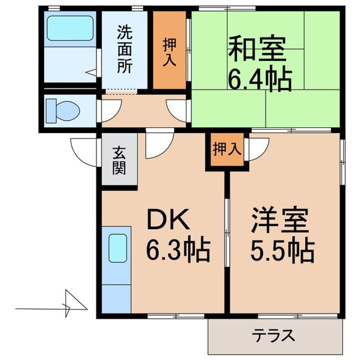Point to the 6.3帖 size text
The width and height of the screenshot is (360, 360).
tap(177, 249)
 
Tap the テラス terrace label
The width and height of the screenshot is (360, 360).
tap(272, 335)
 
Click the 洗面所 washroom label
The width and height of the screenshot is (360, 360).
tap(125, 49)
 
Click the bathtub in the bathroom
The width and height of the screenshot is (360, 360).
tap(69, 30)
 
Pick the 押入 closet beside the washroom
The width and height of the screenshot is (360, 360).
tap(169, 50)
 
